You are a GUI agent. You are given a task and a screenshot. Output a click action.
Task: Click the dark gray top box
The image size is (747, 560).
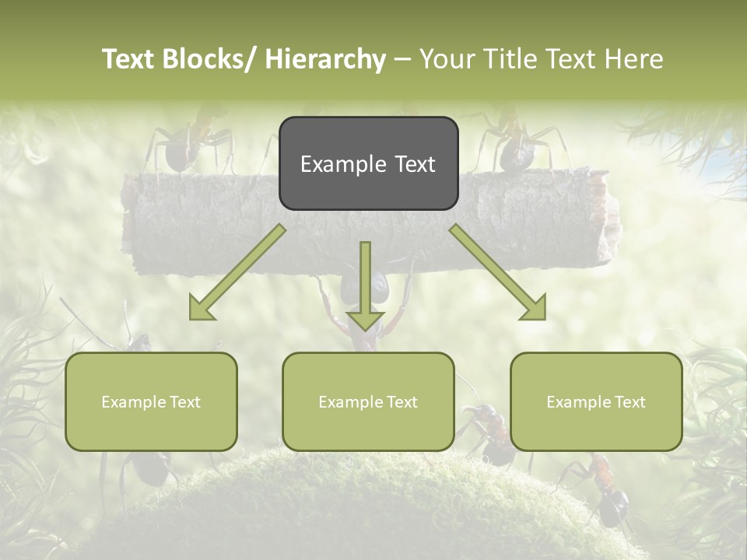[368, 163]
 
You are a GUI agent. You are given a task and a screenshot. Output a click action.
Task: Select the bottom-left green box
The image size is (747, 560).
[151, 401]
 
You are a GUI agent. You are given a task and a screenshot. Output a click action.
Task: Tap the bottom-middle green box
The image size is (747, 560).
[368, 401]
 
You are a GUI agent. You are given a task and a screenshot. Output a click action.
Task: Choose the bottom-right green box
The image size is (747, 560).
[596, 401]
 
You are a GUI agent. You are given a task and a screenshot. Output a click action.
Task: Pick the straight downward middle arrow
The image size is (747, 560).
[365, 285]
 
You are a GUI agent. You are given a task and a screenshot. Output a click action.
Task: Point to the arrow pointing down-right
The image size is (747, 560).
[498, 273]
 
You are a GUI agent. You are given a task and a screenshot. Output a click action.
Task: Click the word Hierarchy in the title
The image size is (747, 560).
[325, 59]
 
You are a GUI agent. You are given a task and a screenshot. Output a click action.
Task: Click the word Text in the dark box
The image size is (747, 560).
[414, 164]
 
